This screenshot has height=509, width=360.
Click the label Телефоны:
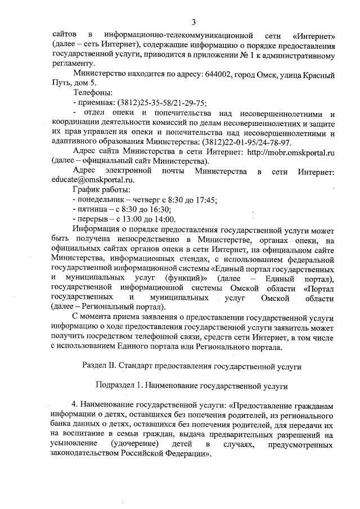point(93,92)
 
